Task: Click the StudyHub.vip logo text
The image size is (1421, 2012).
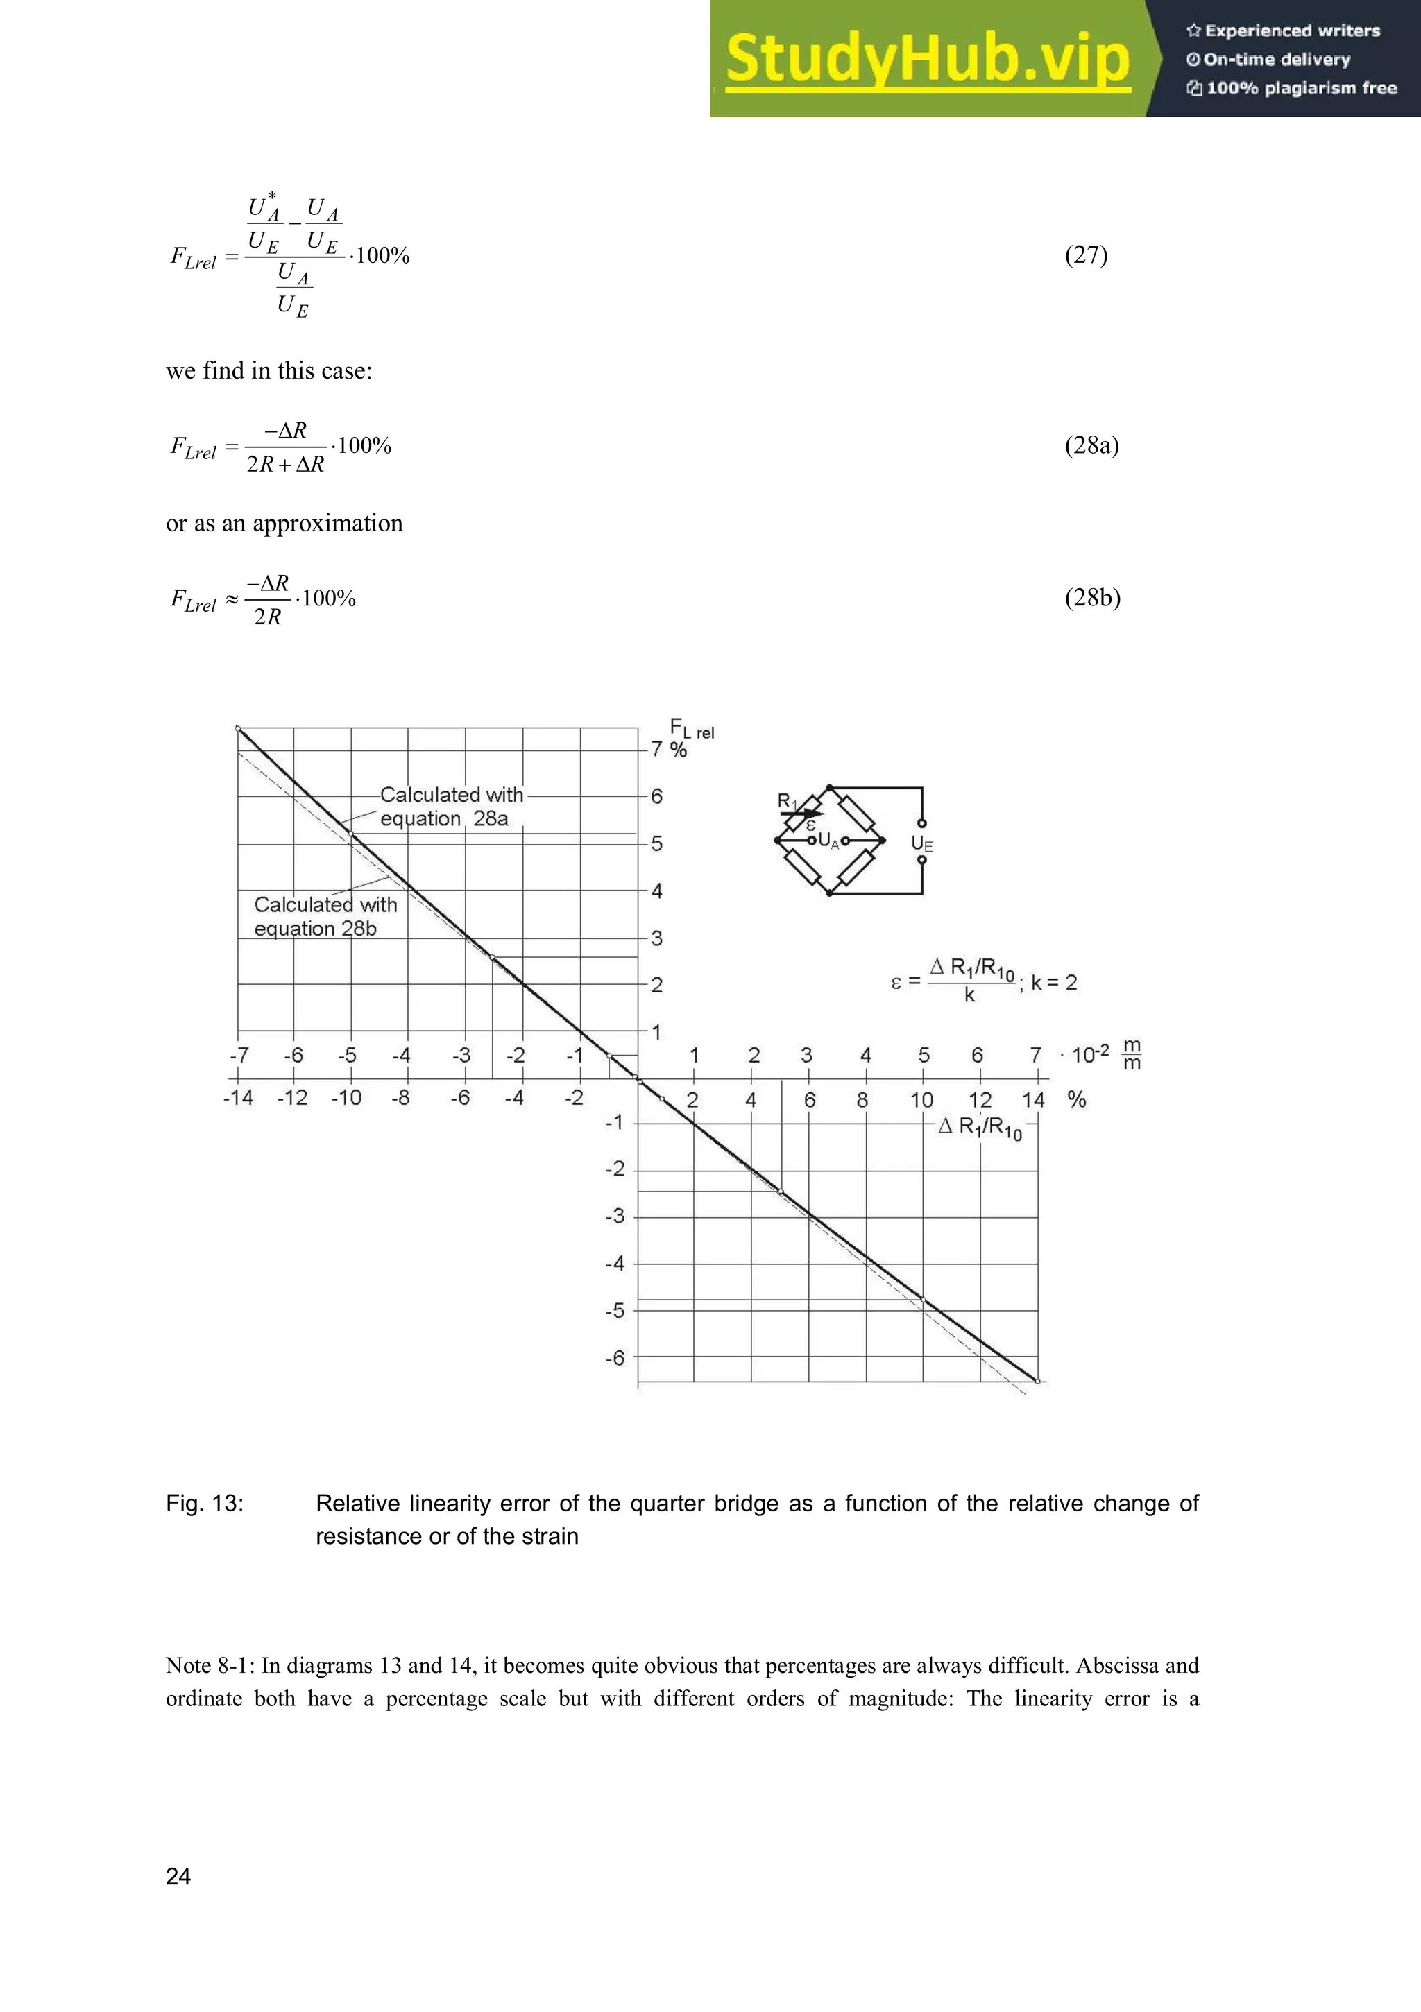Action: (928, 60)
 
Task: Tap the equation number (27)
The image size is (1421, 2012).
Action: (1086, 255)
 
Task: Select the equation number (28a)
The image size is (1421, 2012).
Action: (1091, 445)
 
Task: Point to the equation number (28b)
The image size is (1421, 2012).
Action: (1092, 598)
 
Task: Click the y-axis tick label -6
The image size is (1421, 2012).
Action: (615, 1358)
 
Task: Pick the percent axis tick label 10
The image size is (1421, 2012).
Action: (921, 1100)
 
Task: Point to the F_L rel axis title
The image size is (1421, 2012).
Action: (691, 728)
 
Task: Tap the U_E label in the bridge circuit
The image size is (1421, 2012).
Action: (921, 844)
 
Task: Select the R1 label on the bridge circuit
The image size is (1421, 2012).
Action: (786, 800)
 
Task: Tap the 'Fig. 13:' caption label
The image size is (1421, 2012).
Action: (204, 1504)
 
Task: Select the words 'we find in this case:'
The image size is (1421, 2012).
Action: (269, 370)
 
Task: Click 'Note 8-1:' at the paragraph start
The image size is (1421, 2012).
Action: (210, 1666)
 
